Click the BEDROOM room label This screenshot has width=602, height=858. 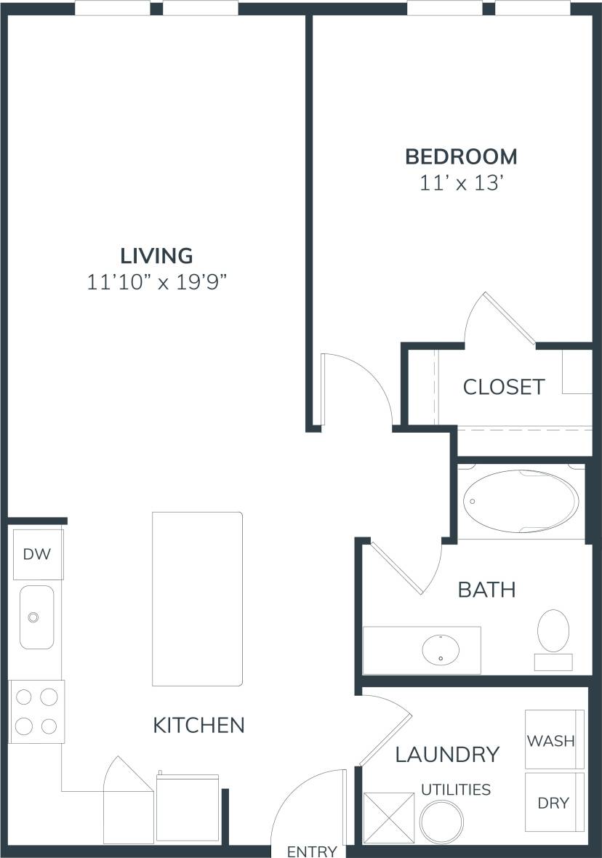(x=461, y=156)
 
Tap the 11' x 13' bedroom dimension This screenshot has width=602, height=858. (x=461, y=183)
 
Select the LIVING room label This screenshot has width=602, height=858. (x=156, y=256)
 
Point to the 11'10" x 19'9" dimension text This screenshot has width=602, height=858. (x=156, y=282)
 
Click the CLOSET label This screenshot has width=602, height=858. (x=503, y=387)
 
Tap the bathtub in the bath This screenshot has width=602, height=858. (x=521, y=502)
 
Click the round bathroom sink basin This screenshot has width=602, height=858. (x=441, y=647)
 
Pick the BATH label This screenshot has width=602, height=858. (x=486, y=589)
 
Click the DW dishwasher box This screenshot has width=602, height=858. (x=37, y=555)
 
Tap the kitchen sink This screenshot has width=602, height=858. (x=36, y=617)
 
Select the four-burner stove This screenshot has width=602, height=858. (x=36, y=710)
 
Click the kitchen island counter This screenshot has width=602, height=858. (x=197, y=598)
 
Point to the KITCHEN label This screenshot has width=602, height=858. (x=198, y=725)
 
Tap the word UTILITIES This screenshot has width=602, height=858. (x=456, y=790)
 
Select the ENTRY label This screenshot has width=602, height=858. (x=312, y=851)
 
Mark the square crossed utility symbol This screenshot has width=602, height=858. (x=388, y=818)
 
